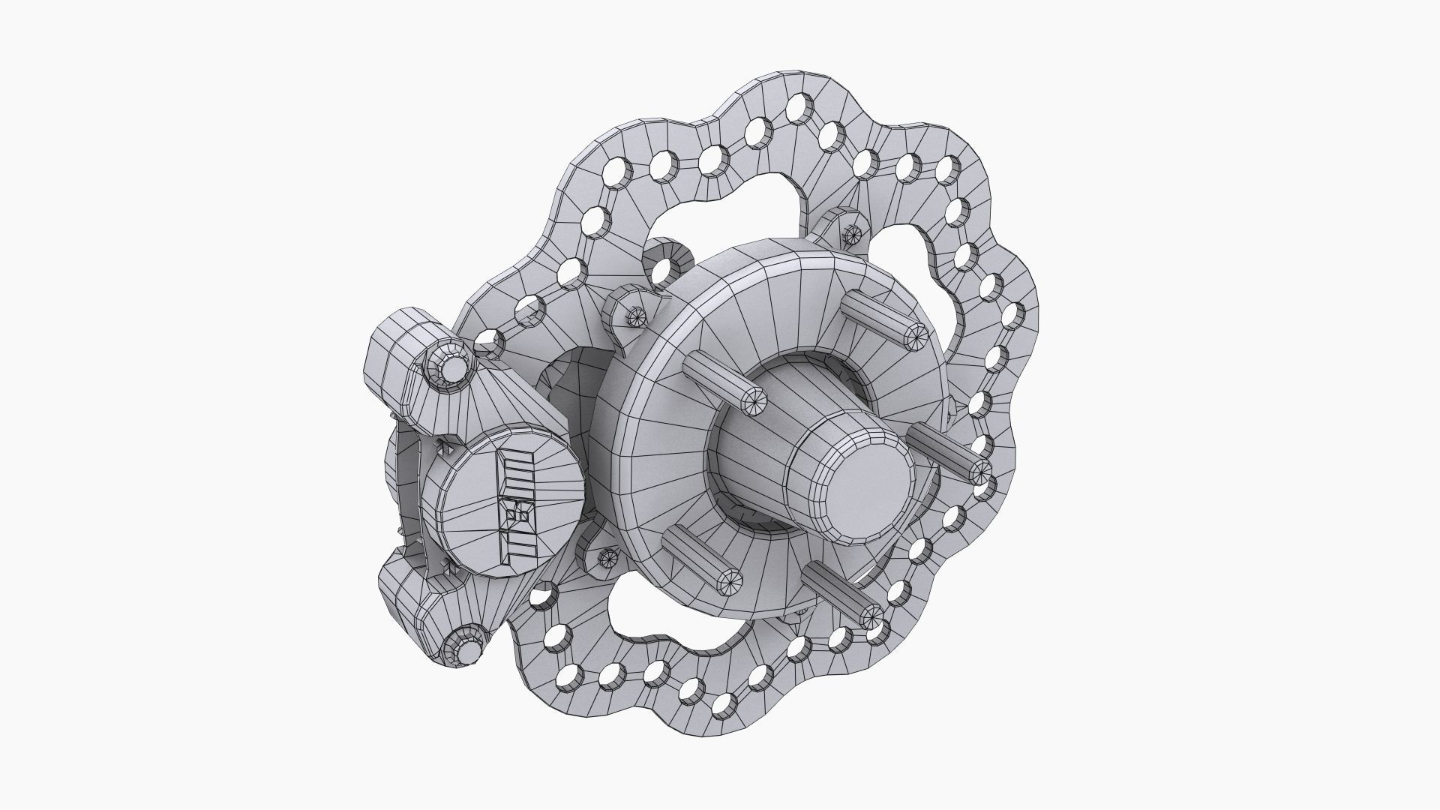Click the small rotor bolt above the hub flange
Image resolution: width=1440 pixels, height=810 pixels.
850,234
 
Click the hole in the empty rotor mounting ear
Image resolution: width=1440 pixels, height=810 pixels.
661,271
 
